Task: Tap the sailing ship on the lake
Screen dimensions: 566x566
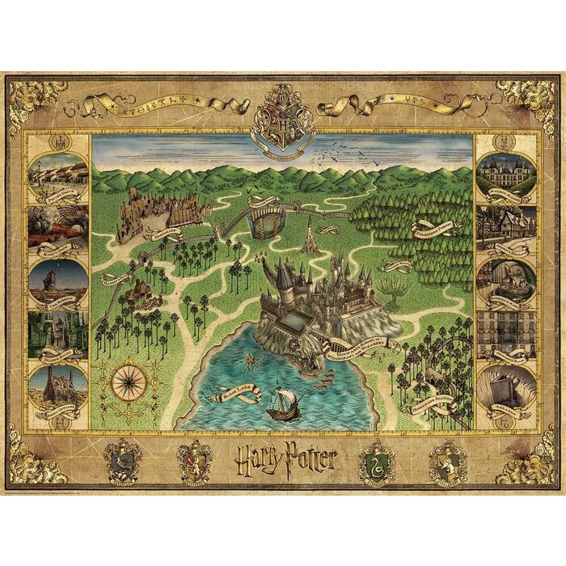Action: (x=281, y=402)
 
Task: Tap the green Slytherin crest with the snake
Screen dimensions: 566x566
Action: (x=376, y=461)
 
